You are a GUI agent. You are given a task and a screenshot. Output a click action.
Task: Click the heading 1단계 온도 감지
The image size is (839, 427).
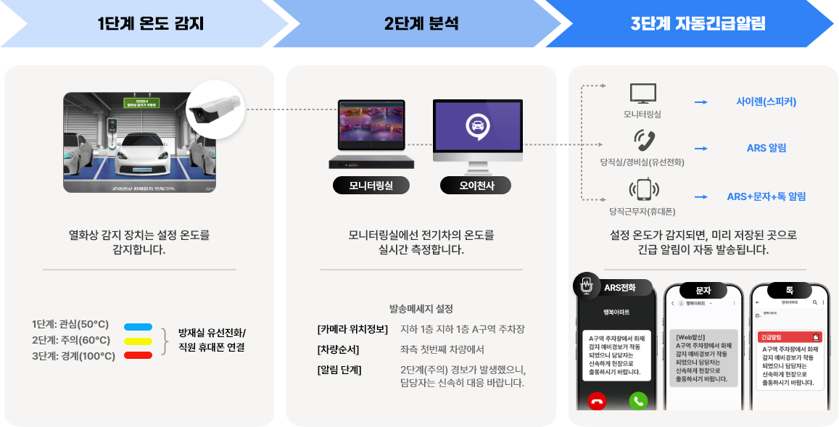(151, 23)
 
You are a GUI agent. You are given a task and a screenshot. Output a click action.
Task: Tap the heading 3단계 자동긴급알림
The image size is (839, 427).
(698, 23)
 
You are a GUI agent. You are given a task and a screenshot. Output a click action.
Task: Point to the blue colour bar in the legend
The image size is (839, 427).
(138, 326)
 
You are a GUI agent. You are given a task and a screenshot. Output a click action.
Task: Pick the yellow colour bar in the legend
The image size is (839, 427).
(138, 341)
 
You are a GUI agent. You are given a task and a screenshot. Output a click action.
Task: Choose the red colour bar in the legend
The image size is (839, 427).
(138, 355)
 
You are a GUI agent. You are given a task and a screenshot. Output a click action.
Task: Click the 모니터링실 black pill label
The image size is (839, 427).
(371, 185)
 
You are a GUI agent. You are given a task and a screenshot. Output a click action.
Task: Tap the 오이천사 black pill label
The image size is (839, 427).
(475, 185)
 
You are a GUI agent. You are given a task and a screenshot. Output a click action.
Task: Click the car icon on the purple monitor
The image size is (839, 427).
(477, 125)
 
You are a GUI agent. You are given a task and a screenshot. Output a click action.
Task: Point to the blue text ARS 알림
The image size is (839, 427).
(766, 148)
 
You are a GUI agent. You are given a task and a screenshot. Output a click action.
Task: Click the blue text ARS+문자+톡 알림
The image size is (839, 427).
(766, 196)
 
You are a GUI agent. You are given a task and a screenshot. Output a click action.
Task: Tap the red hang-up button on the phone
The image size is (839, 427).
(598, 400)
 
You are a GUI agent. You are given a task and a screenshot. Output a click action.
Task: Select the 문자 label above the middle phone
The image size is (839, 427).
(703, 289)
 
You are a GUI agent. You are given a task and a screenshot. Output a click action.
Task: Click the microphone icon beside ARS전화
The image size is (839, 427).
(584, 284)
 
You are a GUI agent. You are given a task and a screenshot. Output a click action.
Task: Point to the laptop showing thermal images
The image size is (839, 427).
(371, 130)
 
